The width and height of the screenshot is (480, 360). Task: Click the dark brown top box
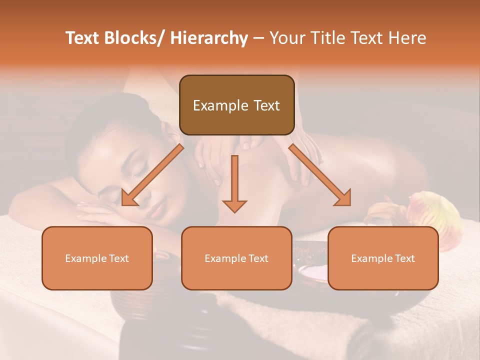coord(236,105)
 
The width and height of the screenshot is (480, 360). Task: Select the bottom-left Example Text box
coord(97,258)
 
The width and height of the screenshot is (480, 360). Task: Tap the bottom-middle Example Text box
coord(236,258)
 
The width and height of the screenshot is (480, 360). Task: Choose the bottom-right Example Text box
coord(383,258)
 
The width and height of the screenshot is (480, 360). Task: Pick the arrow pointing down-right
coord(320,175)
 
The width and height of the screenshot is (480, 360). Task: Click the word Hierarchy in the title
coord(209,38)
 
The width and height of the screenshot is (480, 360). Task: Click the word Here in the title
coord(406,38)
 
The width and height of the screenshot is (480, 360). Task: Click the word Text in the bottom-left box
coord(119,258)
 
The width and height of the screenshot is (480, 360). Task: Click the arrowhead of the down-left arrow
coord(129,197)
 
